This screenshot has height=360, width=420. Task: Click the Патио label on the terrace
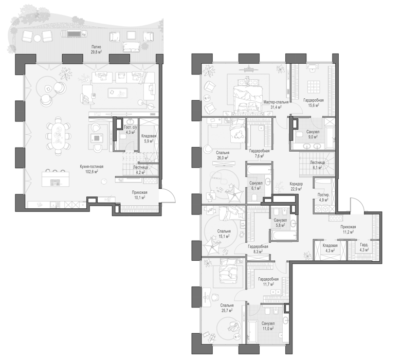[96, 47]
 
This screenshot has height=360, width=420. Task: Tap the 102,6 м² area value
[92, 172]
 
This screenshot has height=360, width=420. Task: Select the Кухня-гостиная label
[92, 167]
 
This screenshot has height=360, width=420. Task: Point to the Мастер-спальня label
[276, 102]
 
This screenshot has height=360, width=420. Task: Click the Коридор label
[296, 184]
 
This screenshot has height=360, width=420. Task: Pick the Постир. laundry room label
[323, 195]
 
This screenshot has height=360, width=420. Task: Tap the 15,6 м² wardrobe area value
[314, 105]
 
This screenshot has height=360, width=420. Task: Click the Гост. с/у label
[131, 128]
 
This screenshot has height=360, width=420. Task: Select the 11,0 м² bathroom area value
[268, 328]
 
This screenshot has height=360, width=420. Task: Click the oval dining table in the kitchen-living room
[58, 136]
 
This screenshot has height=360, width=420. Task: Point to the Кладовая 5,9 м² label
[149, 138]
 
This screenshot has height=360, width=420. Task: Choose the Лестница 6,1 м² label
[317, 165]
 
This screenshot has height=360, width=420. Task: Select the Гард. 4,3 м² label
[364, 247]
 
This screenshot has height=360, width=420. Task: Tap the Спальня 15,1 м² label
[224, 233]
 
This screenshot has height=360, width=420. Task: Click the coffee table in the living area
[118, 93]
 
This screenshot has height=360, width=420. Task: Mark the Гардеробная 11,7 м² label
[268, 281]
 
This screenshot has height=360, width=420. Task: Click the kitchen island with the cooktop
[56, 179]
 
